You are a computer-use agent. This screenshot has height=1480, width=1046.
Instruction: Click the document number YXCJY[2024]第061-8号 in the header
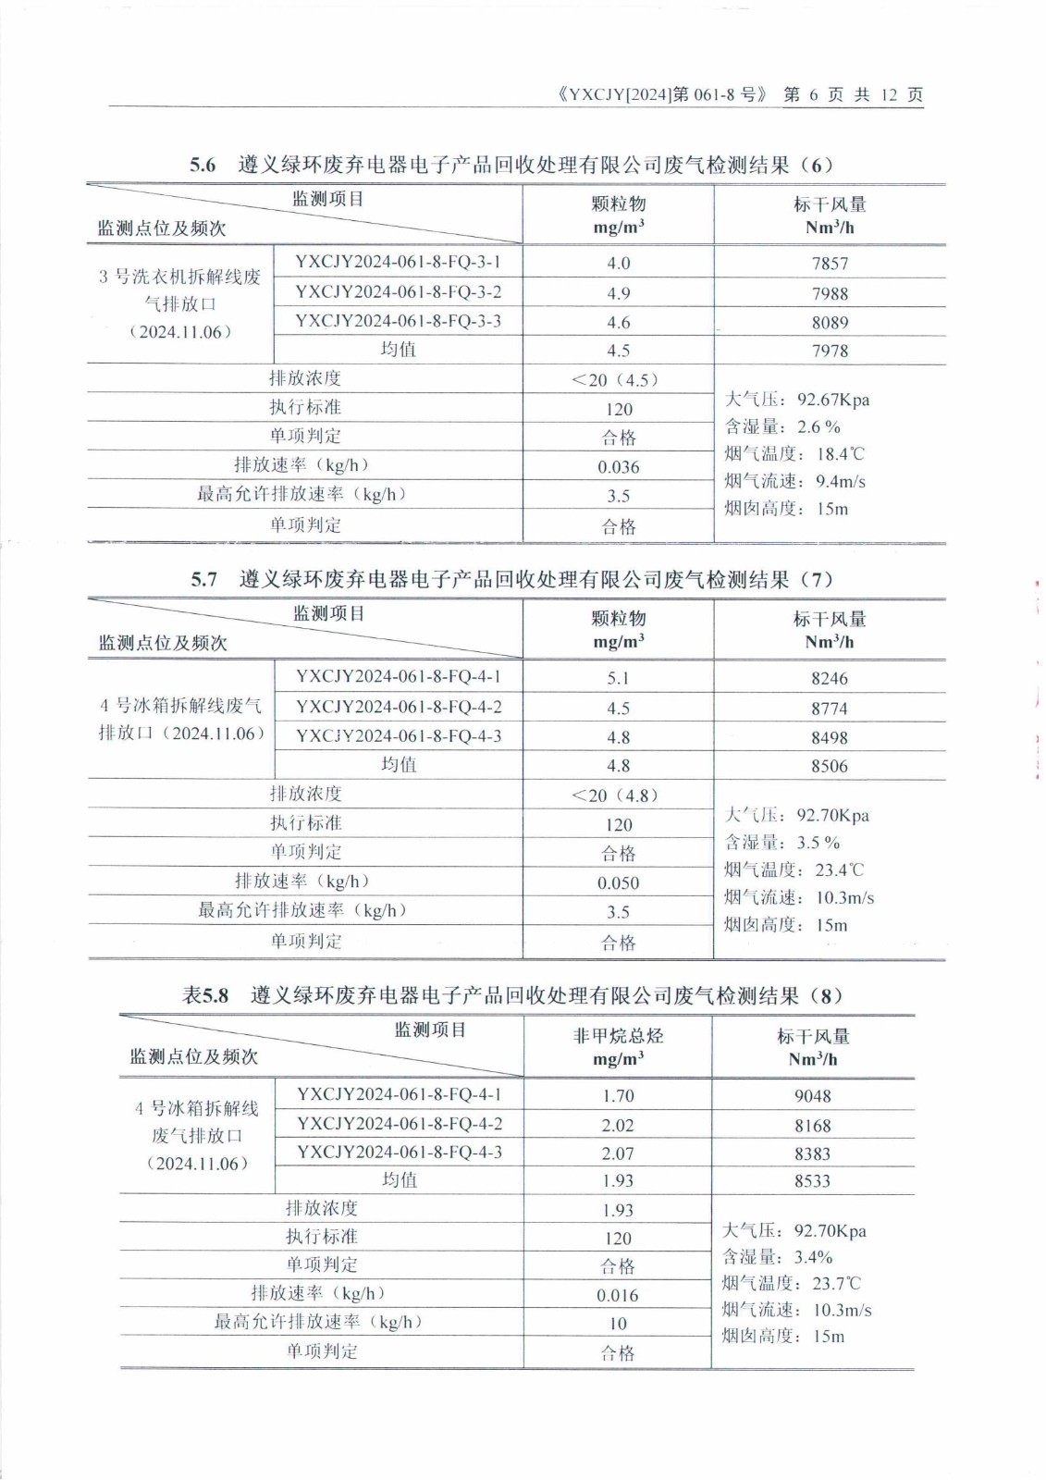[663, 94]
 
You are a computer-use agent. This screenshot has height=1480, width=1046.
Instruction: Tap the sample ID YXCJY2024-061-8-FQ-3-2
[398, 292]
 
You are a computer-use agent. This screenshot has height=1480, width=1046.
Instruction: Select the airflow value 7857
[830, 264]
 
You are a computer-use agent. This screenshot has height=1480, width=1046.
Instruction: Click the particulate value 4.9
[618, 293]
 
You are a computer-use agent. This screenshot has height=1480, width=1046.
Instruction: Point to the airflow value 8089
[830, 323]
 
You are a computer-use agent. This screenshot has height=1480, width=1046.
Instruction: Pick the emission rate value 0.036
[618, 467]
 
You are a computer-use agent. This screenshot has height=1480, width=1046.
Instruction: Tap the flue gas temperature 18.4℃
[840, 454]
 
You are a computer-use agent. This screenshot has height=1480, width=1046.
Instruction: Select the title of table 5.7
[512, 580]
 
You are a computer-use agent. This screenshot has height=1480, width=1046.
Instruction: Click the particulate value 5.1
[618, 678]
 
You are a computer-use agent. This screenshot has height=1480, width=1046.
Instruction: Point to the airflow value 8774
[830, 709]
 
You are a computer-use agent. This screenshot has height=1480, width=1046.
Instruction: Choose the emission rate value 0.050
[618, 883]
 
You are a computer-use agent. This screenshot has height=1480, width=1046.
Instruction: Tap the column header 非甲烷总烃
[618, 1036]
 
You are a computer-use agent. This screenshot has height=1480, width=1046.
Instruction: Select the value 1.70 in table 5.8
[618, 1096]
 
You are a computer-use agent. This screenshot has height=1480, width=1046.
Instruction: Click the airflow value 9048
[812, 1096]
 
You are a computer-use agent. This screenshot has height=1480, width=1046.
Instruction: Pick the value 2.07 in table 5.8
[618, 1153]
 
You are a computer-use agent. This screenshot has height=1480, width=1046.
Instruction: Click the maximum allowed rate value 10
[618, 1324]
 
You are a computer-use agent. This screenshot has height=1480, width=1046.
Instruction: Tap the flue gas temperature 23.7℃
[837, 1284]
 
